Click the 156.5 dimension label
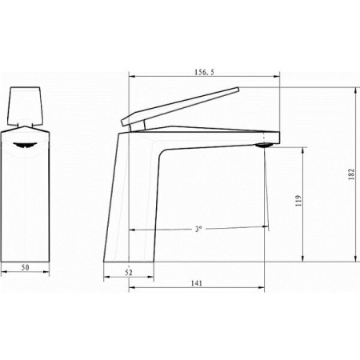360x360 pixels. (x=204, y=72)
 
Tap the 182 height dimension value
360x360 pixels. (x=352, y=174)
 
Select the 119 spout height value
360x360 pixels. (x=298, y=201)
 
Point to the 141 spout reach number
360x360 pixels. (x=197, y=283)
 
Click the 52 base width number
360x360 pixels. (x=129, y=273)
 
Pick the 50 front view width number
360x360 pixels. (x=25, y=267)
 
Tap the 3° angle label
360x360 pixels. (x=198, y=229)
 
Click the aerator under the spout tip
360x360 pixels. (x=264, y=146)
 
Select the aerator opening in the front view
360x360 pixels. (x=25, y=145)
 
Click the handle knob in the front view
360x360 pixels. (x=25, y=106)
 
